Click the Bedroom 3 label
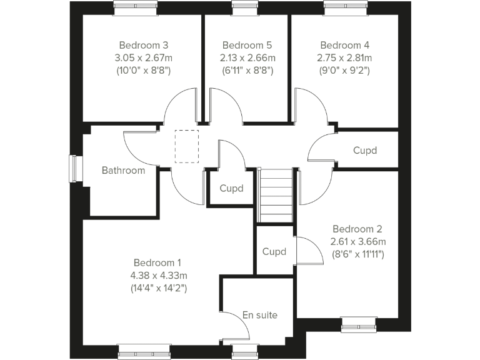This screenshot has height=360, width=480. tap(144, 45)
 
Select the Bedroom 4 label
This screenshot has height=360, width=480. tap(344, 45)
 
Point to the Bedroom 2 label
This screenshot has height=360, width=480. tap(357, 229)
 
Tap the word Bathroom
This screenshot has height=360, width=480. tap(123, 170)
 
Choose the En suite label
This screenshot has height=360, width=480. tap(259, 315)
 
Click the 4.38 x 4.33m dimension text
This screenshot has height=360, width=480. tap(160, 275)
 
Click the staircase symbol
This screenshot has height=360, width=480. tap(276, 195)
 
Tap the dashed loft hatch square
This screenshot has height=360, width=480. tap(187, 146)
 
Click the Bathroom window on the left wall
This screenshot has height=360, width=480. tap(76, 169)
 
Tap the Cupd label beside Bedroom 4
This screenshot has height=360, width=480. tap(365, 151)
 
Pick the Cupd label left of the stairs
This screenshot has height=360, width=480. tap(231, 188)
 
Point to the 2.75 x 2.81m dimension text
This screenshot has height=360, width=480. tap(345, 57)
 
